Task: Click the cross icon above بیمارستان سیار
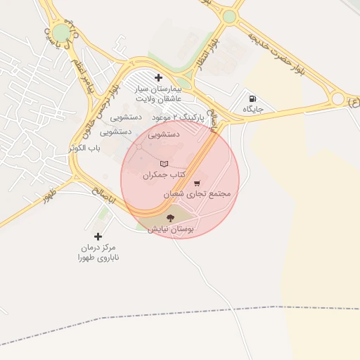point(158,77)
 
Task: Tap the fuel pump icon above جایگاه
point(252,98)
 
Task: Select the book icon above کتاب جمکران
point(164,164)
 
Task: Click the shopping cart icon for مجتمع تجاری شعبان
point(197,182)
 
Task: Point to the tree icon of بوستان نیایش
point(170,218)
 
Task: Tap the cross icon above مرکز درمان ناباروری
point(98,236)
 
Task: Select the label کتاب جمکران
point(168,174)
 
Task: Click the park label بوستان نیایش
point(170,229)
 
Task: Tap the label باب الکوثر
point(86,148)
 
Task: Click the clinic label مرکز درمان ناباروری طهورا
point(98,253)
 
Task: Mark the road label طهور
point(48,195)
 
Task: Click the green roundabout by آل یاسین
point(62,33)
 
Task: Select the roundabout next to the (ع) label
point(338,98)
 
